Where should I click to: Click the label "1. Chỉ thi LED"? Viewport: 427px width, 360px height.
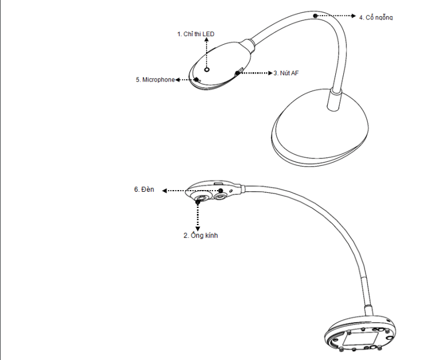[x=196, y=34]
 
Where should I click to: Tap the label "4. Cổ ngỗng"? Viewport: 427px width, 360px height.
[x=376, y=17]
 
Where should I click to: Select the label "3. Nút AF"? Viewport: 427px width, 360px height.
[x=286, y=73]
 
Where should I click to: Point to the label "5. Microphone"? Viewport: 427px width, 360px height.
[x=155, y=80]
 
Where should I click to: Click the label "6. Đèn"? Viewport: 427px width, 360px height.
[x=144, y=189]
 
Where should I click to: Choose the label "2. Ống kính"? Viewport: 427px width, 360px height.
[x=201, y=235]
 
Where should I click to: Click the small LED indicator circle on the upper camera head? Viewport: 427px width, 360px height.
[x=207, y=69]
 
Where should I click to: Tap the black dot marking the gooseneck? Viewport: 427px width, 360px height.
[x=315, y=16]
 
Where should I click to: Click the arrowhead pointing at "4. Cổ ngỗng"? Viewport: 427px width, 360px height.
[x=354, y=16]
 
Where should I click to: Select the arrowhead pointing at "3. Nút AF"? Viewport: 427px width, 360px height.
[x=270, y=73]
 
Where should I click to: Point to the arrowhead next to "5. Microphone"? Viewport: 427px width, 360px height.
[x=177, y=80]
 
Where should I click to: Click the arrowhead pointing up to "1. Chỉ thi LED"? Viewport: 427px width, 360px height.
[x=207, y=40]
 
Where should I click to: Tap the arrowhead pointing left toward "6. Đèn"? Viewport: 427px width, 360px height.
[x=164, y=191]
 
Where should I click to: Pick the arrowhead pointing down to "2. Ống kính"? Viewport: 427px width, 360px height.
[x=197, y=229]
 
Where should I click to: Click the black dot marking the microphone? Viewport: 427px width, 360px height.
[x=196, y=80]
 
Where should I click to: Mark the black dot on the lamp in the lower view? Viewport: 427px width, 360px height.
[x=221, y=191]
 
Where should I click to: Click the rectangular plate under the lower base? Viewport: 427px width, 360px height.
[x=360, y=339]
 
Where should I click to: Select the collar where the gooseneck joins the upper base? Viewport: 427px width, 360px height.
[x=335, y=99]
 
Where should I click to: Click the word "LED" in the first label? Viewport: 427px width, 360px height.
[x=208, y=34]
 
